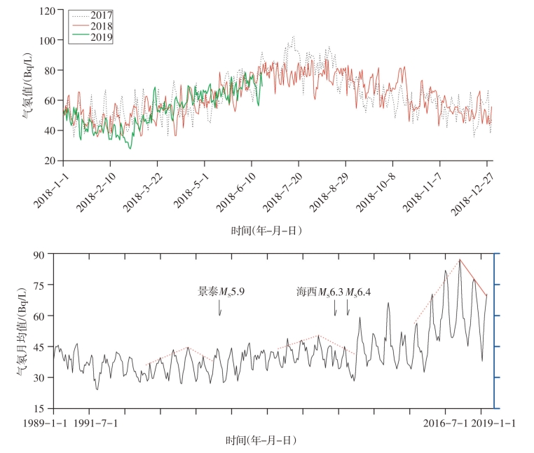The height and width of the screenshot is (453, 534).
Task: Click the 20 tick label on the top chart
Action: [50, 161]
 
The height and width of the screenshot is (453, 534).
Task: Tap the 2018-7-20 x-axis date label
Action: [283, 189]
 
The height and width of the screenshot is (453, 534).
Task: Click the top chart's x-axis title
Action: [267, 229]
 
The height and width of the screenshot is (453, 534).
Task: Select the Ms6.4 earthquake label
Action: [359, 291]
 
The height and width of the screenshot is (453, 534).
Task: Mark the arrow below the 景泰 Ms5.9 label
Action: [219, 308]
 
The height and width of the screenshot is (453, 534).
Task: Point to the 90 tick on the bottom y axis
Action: [46, 254]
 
